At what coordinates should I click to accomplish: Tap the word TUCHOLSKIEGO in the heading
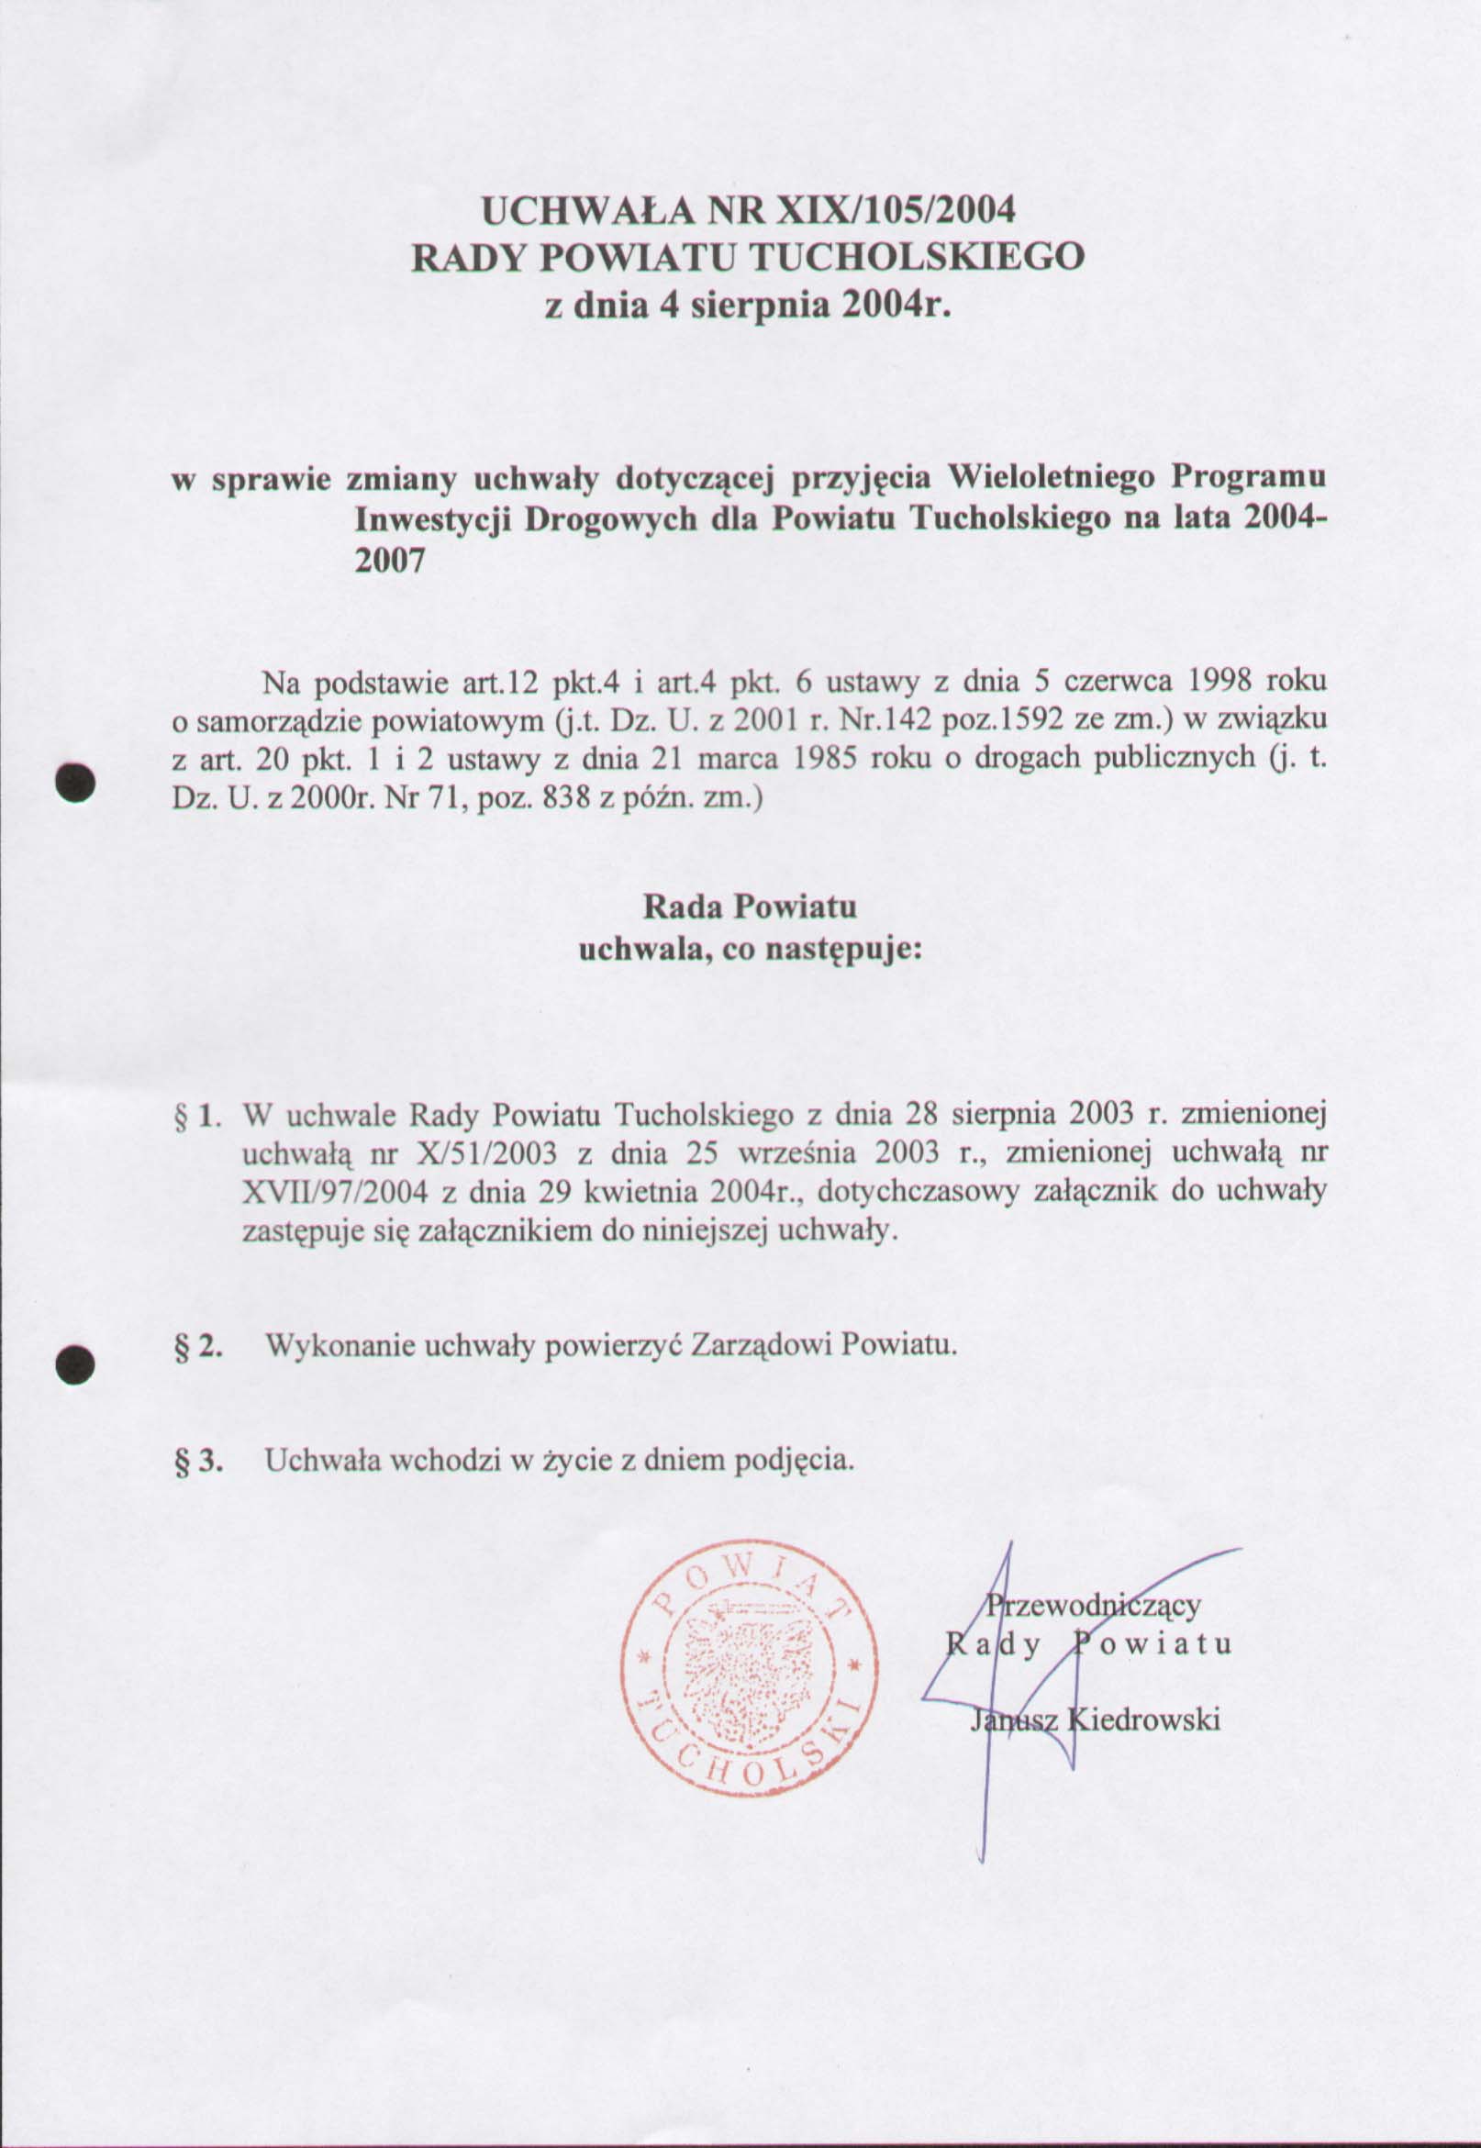click(914, 257)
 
